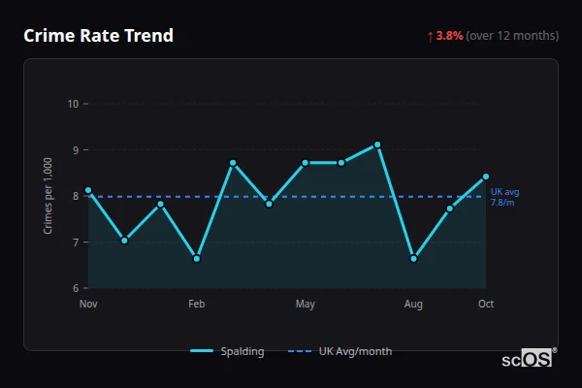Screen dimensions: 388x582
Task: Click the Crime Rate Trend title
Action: (x=98, y=36)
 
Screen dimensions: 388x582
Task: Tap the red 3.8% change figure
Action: (x=449, y=36)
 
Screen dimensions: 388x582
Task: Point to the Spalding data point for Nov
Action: (x=88, y=190)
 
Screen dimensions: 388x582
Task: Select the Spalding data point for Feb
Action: (x=197, y=259)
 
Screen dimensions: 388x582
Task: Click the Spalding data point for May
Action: (x=306, y=163)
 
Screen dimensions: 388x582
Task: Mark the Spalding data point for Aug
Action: (x=414, y=259)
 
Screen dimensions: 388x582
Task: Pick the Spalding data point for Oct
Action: (x=486, y=177)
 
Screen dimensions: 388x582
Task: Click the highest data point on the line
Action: (x=377, y=145)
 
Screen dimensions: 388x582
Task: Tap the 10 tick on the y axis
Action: (x=73, y=104)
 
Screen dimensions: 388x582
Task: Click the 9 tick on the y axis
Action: (x=76, y=150)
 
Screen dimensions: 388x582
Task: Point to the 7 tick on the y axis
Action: (x=76, y=242)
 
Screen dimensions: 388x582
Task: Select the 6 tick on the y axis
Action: (x=76, y=288)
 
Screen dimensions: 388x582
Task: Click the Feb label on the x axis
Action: (x=197, y=305)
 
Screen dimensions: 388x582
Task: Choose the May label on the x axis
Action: (x=306, y=305)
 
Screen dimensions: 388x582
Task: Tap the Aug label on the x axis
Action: (x=414, y=305)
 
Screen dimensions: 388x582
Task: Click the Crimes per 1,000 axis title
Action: (x=48, y=196)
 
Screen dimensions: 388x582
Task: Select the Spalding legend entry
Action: (x=228, y=351)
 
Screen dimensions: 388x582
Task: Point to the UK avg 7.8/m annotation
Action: (x=504, y=197)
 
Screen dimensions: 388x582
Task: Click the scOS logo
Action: (x=528, y=359)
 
